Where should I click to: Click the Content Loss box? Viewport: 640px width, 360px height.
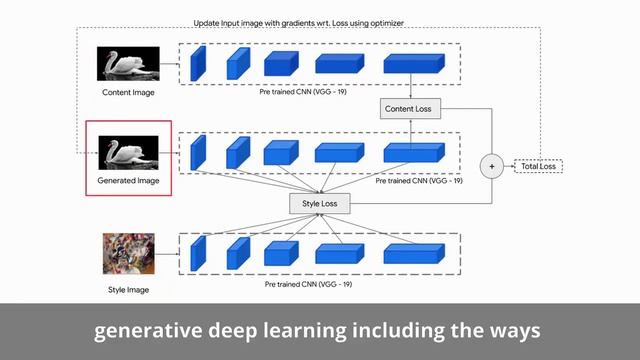click(410, 108)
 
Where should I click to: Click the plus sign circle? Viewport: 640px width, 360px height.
click(492, 166)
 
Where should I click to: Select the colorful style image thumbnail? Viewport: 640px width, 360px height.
click(128, 254)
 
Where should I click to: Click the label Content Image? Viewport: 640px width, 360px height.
click(129, 93)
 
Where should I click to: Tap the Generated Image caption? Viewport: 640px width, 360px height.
click(128, 181)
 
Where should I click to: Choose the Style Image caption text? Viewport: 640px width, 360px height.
click(129, 290)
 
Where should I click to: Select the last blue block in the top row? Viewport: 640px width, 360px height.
click(412, 64)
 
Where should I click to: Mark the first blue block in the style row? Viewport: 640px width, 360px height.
click(197, 252)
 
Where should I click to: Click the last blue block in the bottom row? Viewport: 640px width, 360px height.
click(412, 252)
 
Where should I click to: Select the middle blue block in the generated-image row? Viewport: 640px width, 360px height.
click(277, 152)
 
